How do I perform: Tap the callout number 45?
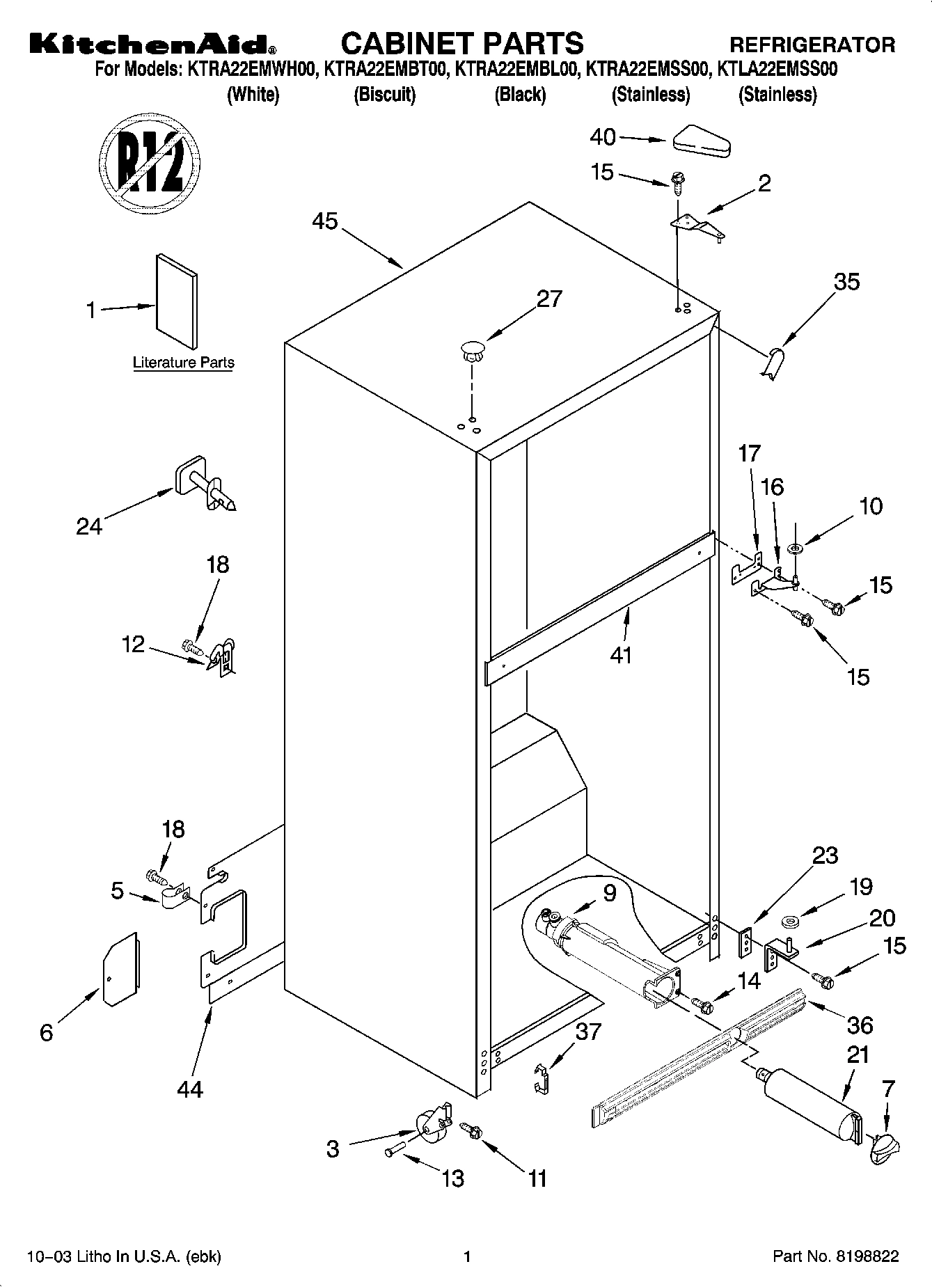pyautogui.click(x=324, y=221)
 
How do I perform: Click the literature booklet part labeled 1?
pyautogui.click(x=176, y=300)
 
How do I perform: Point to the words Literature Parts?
pyautogui.click(x=183, y=363)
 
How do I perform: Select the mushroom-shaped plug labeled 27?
pyautogui.click(x=471, y=349)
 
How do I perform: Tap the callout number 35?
pyautogui.click(x=846, y=281)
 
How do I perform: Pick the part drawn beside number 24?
pyautogui.click(x=206, y=484)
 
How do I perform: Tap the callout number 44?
pyautogui.click(x=189, y=1088)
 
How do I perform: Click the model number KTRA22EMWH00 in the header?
pyautogui.click(x=250, y=70)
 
